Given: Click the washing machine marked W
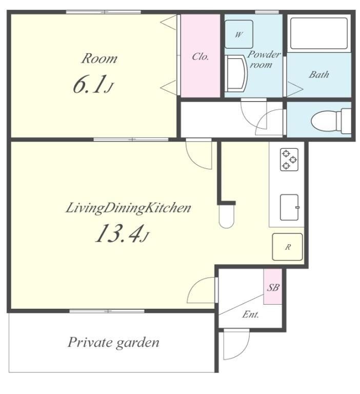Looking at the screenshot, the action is (238, 34).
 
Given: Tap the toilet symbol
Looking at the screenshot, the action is (331, 121).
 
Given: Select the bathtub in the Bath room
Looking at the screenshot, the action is (319, 33).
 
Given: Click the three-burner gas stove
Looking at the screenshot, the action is (289, 160).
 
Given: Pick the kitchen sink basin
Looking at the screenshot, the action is (289, 207).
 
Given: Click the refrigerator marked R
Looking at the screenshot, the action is (287, 247).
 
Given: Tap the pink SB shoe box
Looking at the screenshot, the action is (273, 286).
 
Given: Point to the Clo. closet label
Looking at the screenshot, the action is (200, 56).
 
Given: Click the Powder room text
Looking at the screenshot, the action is (263, 60).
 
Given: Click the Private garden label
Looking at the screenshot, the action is (113, 343).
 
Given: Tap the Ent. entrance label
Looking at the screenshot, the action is (250, 314).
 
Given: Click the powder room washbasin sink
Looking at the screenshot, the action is (236, 73).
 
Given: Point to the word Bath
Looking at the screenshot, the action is (319, 74).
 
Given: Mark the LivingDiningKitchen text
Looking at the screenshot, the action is (128, 208).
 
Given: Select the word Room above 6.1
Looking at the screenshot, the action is (99, 58).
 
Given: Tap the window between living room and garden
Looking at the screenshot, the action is (107, 311).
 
